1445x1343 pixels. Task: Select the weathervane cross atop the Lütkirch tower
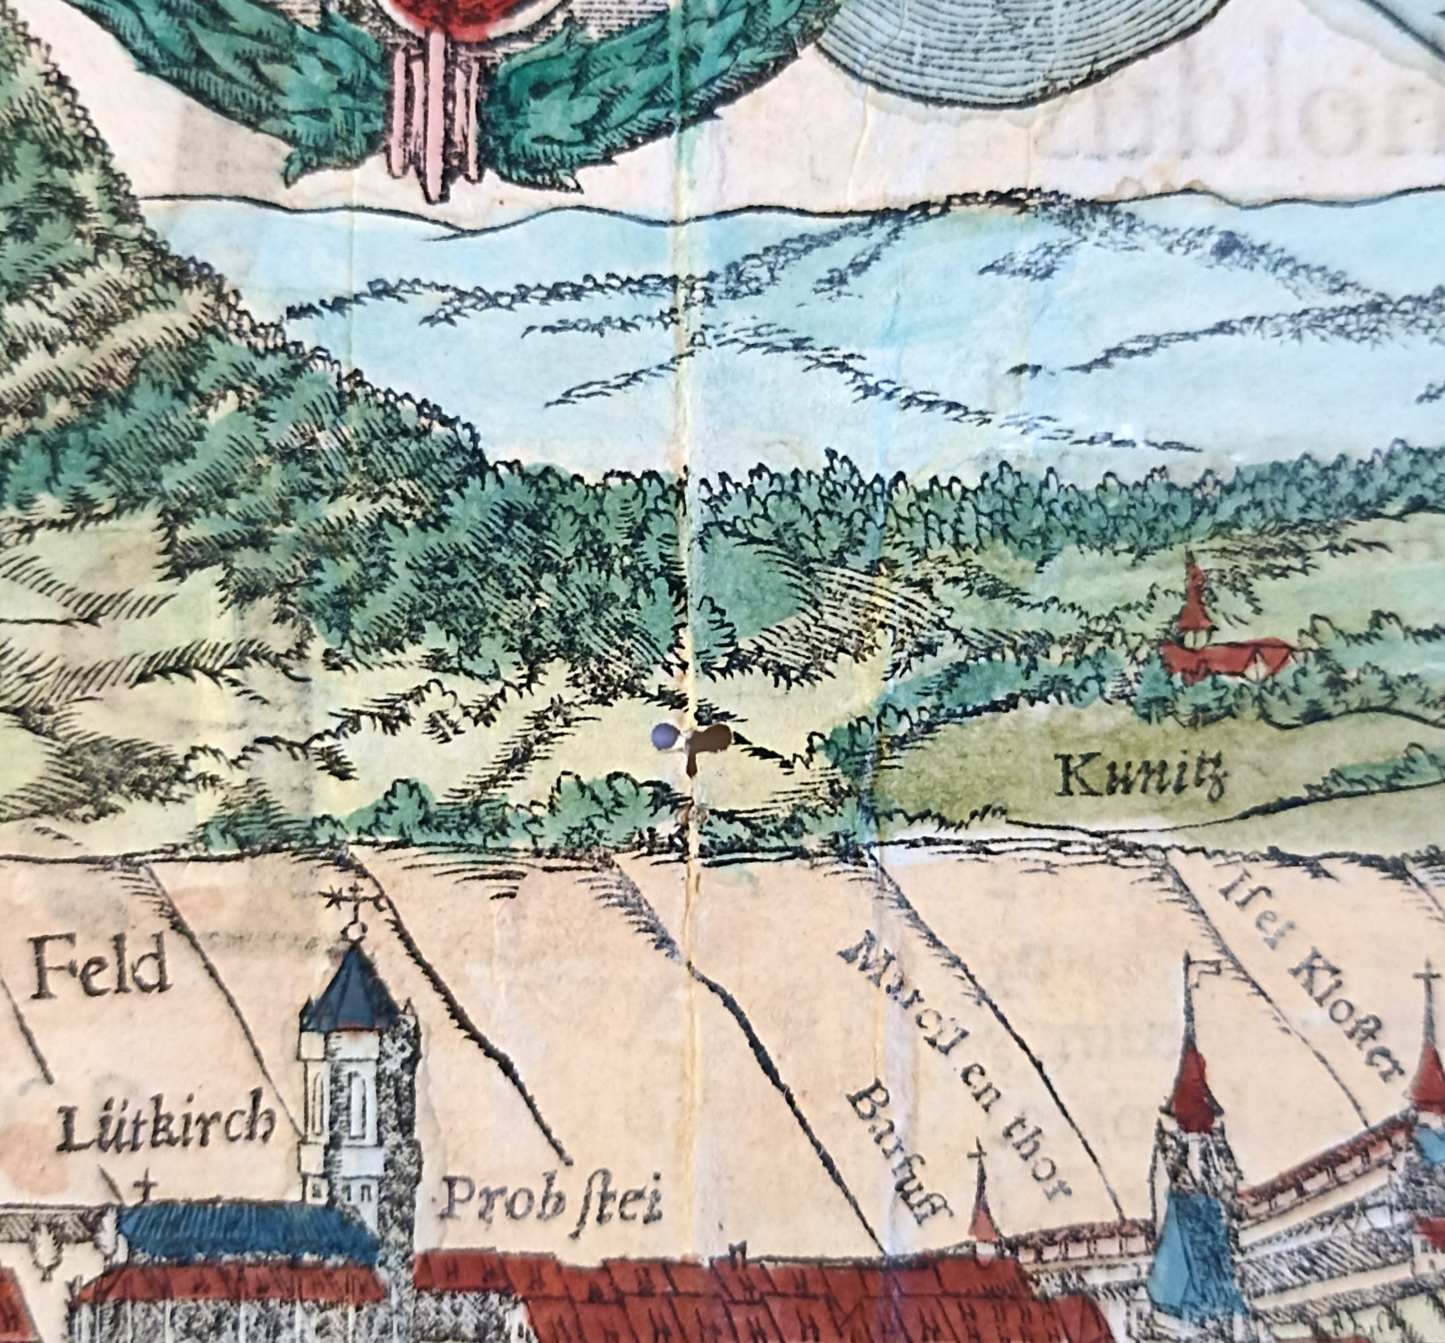(354, 905)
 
